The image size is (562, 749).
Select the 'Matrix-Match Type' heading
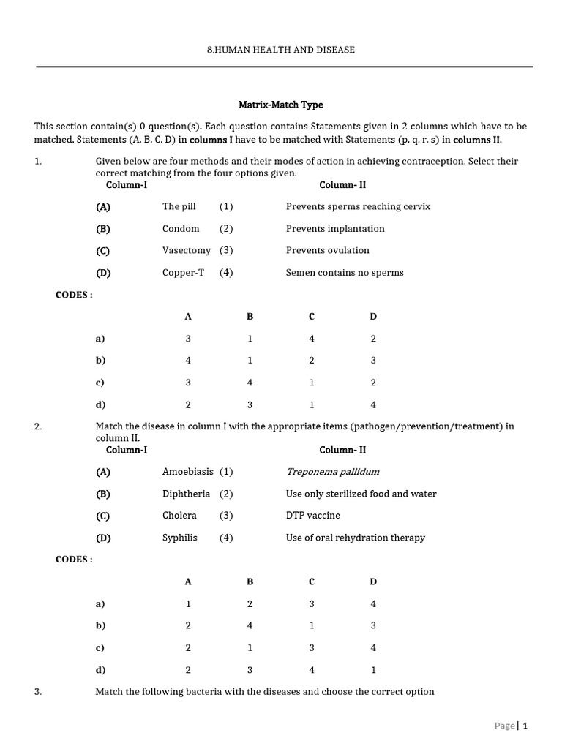[281, 105]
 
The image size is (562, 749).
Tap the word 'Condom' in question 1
[181, 228]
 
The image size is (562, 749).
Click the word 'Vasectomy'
[186, 250]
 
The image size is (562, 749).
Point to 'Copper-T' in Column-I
[183, 273]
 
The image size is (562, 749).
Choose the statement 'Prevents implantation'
[334, 228]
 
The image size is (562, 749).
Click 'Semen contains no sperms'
[345, 273]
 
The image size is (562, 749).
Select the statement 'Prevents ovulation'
[327, 250]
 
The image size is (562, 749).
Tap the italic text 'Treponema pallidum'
[332, 472]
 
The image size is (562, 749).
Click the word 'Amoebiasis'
[187, 472]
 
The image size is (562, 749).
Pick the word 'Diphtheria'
[186, 494]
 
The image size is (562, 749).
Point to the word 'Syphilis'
[179, 538]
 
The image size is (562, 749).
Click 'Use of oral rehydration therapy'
[355, 538]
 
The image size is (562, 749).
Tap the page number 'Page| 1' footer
[511, 726]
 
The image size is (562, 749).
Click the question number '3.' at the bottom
[38, 691]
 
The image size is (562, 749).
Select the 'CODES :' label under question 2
[74, 560]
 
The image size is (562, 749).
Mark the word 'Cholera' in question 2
[179, 516]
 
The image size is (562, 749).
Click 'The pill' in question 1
[179, 206]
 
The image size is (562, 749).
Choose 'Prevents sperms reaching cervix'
[358, 206]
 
